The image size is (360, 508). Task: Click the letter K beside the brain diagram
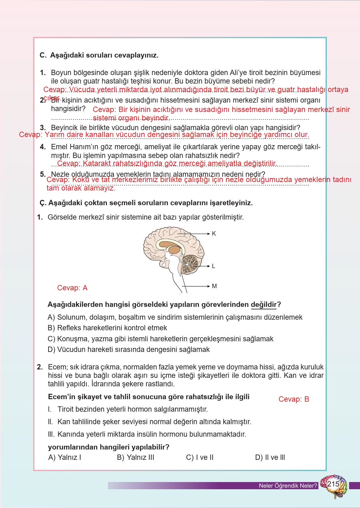pos(214,234)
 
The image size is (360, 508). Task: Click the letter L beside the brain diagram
pos(214,266)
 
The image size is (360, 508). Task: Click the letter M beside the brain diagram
pos(214,286)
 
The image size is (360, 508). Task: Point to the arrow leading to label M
pos(195,286)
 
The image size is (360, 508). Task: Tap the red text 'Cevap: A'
pos(72,288)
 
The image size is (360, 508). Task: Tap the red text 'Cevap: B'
pos(294,399)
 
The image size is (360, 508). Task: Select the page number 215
pos(333,484)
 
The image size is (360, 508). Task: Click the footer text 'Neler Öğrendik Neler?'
pos(288,486)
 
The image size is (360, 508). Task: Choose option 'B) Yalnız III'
pos(135,457)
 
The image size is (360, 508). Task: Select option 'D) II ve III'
pos(270,457)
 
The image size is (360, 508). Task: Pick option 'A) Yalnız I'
pos(65,457)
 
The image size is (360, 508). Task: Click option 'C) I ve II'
pos(200,457)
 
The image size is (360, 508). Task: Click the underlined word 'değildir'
pos(264,305)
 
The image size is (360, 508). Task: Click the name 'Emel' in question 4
pos(58,147)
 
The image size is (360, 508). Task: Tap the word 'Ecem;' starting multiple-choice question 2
pos(56,367)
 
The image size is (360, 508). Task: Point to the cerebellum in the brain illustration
pos(190,263)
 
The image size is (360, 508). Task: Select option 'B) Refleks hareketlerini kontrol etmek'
pos(107,328)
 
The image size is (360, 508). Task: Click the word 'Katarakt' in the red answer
pos(97,163)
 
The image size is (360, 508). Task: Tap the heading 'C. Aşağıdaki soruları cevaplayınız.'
pos(99,55)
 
